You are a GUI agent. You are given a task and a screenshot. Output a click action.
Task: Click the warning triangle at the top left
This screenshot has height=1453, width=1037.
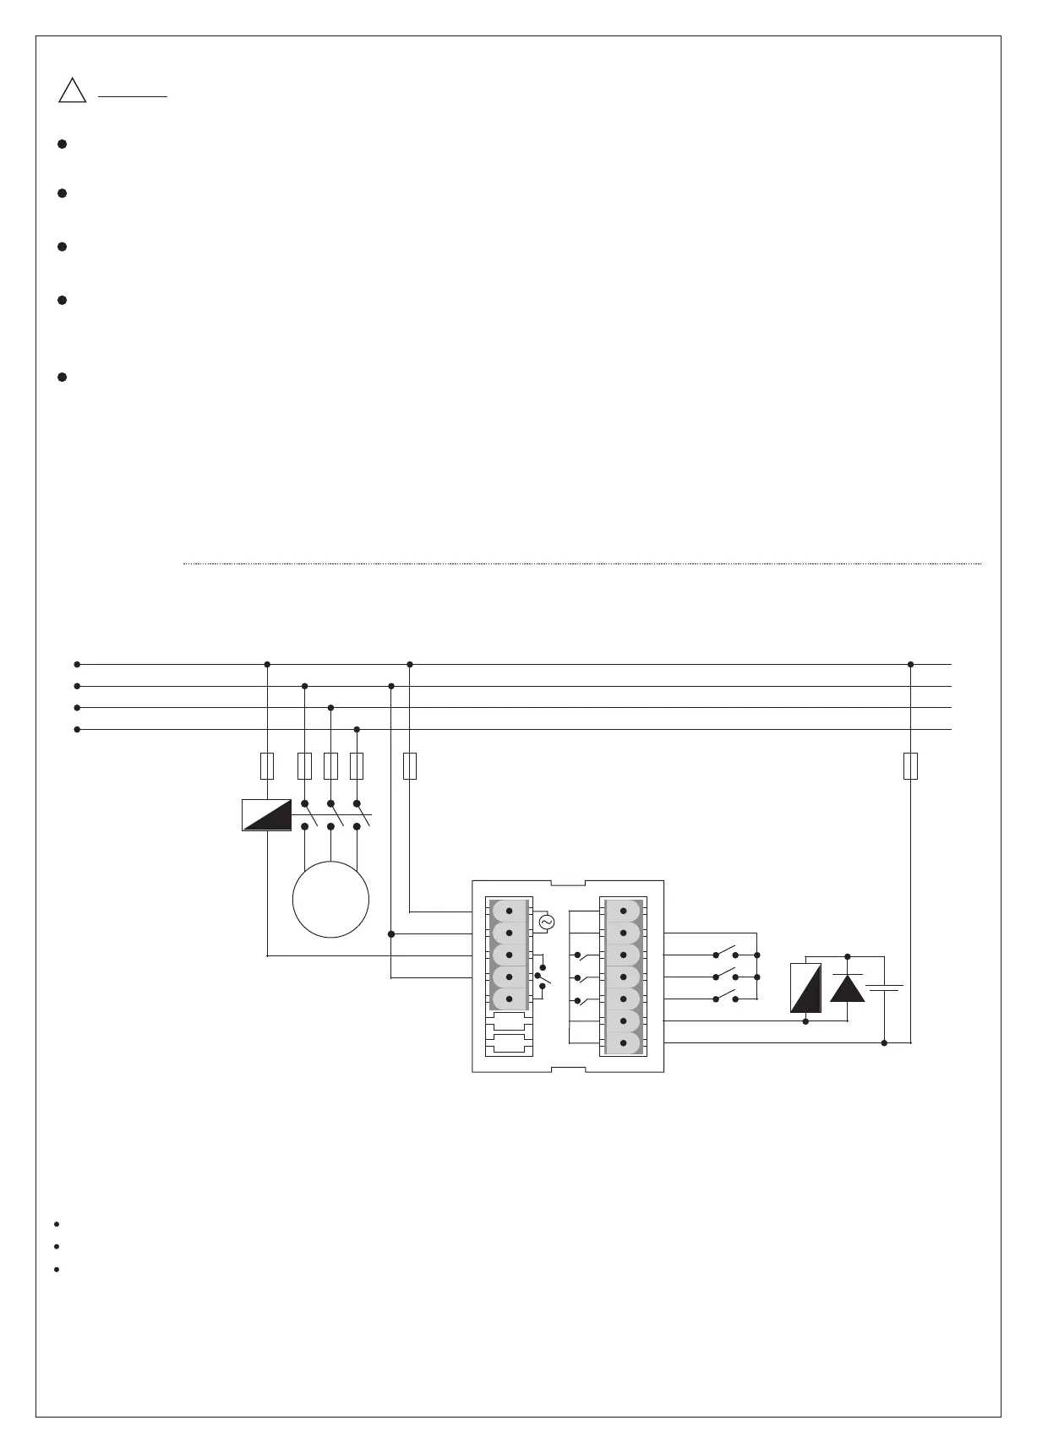[73, 90]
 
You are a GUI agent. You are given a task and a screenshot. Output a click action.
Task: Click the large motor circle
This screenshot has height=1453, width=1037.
[330, 899]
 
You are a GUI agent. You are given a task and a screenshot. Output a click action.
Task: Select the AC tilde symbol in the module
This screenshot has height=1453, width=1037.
[546, 922]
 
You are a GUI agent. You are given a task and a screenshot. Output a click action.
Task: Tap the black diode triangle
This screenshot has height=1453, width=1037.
[848, 988]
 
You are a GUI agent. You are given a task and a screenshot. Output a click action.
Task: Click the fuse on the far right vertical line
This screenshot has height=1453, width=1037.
[910, 765]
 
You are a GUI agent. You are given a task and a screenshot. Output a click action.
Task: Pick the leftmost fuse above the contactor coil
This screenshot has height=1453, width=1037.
[267, 765]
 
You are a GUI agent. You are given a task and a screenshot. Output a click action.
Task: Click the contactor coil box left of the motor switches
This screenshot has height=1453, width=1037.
[267, 814]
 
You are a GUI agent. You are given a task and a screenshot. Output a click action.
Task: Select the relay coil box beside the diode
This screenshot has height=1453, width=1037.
[805, 988]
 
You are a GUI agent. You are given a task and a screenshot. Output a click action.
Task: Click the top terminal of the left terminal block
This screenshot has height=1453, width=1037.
[509, 912]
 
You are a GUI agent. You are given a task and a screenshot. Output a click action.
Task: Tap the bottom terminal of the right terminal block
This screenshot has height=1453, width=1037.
[624, 1043]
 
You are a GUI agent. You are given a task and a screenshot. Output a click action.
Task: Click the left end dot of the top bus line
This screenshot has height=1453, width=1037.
[77, 664]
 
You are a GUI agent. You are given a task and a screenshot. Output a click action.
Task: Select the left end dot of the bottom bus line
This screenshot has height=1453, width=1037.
[77, 729]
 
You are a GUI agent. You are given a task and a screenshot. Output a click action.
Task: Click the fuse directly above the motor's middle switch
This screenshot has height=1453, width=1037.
[330, 765]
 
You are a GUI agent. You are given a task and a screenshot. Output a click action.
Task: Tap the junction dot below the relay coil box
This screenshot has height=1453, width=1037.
[805, 1021]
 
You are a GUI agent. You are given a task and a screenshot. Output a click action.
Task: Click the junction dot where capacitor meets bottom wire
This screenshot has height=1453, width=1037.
[884, 1043]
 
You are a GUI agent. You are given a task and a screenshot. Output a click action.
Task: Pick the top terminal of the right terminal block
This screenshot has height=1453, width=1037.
[624, 912]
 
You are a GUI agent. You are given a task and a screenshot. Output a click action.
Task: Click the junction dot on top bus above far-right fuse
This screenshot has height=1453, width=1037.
[910, 664]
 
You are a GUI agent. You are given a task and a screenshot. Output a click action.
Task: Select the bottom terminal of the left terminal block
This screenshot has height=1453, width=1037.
[509, 999]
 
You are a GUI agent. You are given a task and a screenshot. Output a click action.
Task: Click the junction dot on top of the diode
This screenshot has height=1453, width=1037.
[848, 956]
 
